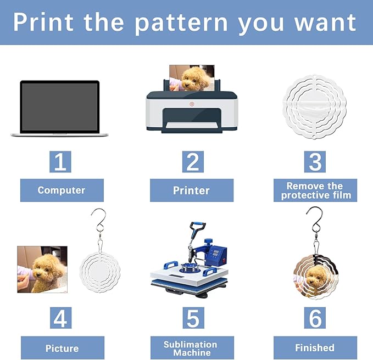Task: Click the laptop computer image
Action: coord(60,109)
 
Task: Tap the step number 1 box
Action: coord(60,161)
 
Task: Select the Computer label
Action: coord(61,190)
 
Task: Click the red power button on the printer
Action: coord(192,104)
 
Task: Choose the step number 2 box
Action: coord(192,161)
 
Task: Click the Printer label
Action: coord(191,190)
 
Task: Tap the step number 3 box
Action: coord(315,161)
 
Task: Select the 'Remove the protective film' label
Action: coord(315,190)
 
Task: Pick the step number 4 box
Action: coord(60,318)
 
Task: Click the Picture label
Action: coord(62,348)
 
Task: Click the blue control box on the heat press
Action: coord(218,254)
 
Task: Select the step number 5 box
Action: coord(192,318)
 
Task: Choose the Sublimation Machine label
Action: coord(191,348)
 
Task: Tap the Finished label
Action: coord(315,348)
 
